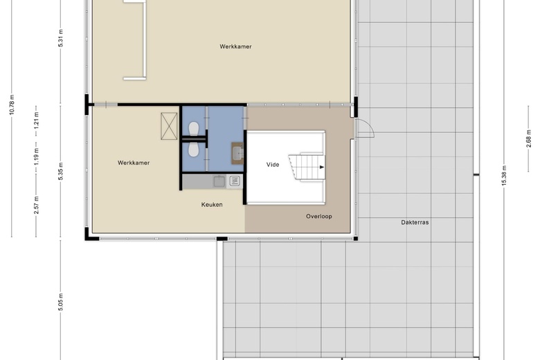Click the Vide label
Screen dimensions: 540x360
click(273, 165)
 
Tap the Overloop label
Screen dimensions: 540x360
click(319, 216)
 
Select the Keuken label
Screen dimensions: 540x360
click(212, 205)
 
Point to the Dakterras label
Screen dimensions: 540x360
click(415, 222)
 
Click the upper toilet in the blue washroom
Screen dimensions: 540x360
click(194, 129)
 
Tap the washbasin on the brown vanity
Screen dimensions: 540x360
click(238, 153)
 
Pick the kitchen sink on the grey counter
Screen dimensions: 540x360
click(219, 181)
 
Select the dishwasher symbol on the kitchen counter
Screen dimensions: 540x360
click(235, 181)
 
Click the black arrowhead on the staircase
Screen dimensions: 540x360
click(322, 167)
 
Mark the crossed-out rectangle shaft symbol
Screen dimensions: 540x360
click(169, 126)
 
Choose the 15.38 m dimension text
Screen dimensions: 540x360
click(504, 176)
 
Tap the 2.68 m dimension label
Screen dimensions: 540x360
click(529, 138)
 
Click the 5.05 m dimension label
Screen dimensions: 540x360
click(61, 302)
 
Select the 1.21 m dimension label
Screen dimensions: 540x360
click(36, 118)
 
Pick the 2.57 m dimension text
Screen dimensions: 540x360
click(36, 205)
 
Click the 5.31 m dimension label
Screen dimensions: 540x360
click(61, 38)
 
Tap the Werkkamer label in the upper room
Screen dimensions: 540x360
click(235, 46)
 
